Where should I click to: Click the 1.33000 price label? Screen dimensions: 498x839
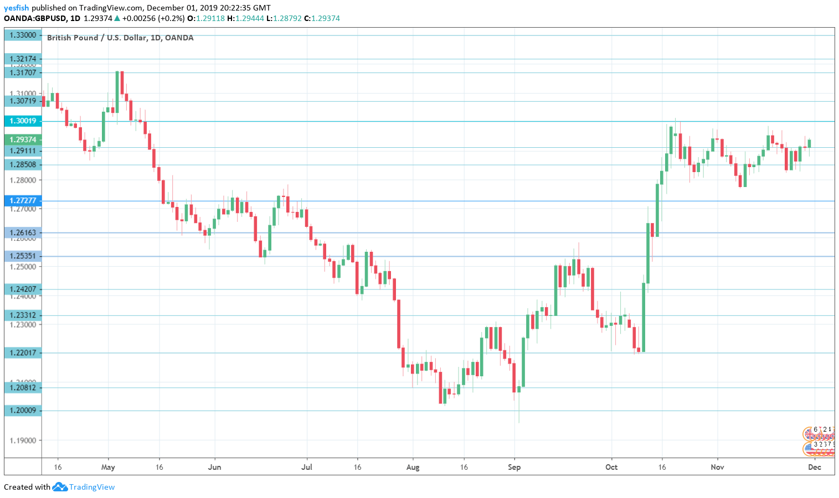coord(23,35)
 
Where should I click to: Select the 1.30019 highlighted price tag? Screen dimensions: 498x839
coord(23,121)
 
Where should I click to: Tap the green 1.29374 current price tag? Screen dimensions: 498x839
coord(23,139)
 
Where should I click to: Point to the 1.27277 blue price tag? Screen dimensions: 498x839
coord(23,200)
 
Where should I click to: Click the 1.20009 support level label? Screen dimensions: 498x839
coord(23,410)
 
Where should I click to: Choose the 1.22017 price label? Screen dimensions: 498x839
coord(23,352)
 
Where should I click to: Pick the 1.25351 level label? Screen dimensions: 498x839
coord(23,256)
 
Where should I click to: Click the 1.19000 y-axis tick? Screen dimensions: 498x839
coord(23,440)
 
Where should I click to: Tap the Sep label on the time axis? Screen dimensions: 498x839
coord(514,467)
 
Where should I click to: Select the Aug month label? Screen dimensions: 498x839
coord(413,467)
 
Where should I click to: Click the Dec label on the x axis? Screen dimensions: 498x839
coord(814,467)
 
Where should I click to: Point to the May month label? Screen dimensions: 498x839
coord(108,467)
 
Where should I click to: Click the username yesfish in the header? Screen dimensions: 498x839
coord(17,8)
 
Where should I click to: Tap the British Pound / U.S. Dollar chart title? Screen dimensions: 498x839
coord(120,38)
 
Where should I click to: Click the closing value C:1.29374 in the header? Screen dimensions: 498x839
coord(322,18)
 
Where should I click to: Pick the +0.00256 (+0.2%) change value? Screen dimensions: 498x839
coord(153,18)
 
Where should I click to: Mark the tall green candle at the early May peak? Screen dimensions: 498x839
coord(117,91)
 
